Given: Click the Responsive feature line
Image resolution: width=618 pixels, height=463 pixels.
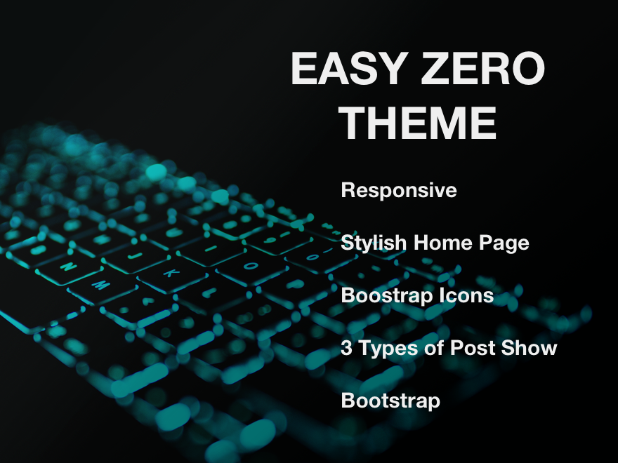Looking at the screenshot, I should click(x=398, y=191).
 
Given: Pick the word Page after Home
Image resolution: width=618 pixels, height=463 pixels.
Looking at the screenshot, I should click(x=504, y=243).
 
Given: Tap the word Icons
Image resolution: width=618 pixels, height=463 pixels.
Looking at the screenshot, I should click(x=466, y=296).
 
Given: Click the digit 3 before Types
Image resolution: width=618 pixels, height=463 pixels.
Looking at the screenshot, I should click(x=346, y=348).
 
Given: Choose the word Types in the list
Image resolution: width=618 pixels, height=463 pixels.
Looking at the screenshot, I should click(x=384, y=348).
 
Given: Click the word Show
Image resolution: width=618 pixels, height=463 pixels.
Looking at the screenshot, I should click(x=525, y=348).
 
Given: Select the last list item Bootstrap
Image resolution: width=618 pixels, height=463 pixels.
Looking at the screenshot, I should click(x=390, y=401).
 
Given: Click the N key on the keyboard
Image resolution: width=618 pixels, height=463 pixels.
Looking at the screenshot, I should click(x=69, y=267).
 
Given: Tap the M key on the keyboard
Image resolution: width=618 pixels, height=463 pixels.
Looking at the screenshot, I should click(x=100, y=286).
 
